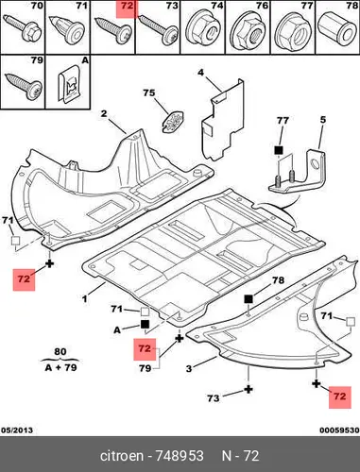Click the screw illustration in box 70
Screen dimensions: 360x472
point(23,27)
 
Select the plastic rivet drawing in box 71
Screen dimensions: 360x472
point(67,30)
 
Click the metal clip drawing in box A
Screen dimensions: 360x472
point(69,84)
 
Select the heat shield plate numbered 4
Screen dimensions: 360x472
point(222,120)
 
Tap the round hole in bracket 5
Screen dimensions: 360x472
point(315,164)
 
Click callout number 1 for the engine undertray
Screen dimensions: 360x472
point(84,298)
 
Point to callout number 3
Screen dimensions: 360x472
point(189,368)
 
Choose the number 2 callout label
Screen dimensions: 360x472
point(104,113)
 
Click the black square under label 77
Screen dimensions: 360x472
point(279,150)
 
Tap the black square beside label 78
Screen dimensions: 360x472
point(249,299)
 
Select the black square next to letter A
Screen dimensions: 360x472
point(145,324)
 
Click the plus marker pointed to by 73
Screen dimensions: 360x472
point(249,390)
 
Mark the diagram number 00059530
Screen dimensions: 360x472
point(339,430)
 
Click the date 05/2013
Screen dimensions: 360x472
point(17,430)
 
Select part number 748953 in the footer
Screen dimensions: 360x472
point(180,456)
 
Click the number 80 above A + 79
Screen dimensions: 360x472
point(60,351)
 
